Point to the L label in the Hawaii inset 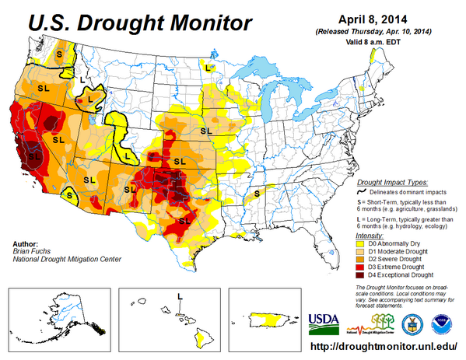point(180,296)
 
